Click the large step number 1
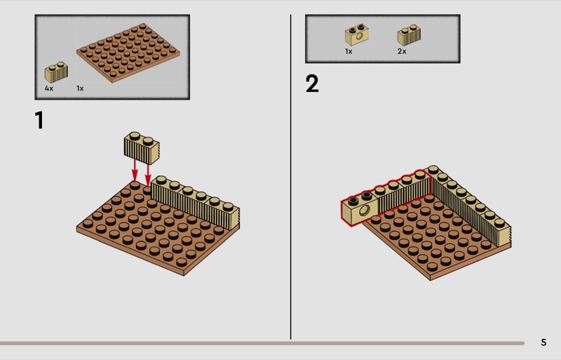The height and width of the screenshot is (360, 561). pos(39,120)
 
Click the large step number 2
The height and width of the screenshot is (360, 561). pos(312,84)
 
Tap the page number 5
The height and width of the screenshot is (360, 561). pos(543,342)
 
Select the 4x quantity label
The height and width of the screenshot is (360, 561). pos(49,88)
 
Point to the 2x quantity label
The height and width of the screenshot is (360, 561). pos(402,51)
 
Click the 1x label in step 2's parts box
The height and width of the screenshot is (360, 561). pos(349,51)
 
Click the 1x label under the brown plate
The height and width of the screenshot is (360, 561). pos(80,88)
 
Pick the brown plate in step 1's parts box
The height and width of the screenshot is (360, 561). pos(128,53)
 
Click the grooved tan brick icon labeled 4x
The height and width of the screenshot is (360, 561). pos(56,72)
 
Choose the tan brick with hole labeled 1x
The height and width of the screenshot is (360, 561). pos(357,35)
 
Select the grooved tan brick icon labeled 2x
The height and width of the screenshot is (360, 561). pos(409,35)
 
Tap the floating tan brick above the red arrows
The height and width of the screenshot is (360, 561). pos(142,148)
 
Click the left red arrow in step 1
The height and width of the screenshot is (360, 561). pos(135,170)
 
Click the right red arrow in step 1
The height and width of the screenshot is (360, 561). pos(148,174)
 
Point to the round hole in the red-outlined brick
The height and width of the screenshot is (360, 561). pos(365,210)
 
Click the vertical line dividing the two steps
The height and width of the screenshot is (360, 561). pos(290,177)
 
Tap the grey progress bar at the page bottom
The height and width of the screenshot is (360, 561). pos(262,343)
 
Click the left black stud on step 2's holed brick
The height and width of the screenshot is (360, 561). pos(353,200)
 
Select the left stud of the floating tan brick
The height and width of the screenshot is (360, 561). pos(135,135)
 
